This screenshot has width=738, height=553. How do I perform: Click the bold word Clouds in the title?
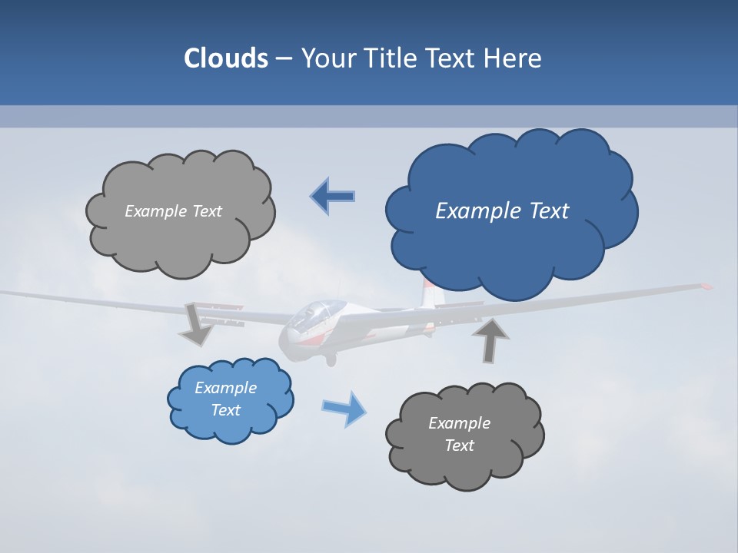[x=225, y=58]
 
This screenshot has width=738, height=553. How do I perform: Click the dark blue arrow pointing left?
[x=333, y=197]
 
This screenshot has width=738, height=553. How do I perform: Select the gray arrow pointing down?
[x=197, y=323]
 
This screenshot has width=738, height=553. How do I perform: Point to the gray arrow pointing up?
[x=490, y=340]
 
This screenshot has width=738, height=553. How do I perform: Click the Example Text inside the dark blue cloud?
[x=502, y=210]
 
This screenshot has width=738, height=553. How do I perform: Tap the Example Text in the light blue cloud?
[x=225, y=399]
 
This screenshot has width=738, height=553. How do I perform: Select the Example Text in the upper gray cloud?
[x=173, y=211]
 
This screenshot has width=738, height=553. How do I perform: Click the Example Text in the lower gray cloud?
[x=459, y=434]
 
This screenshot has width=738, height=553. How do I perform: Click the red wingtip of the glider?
[x=705, y=286]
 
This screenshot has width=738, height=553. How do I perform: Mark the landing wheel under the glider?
[x=331, y=359]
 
